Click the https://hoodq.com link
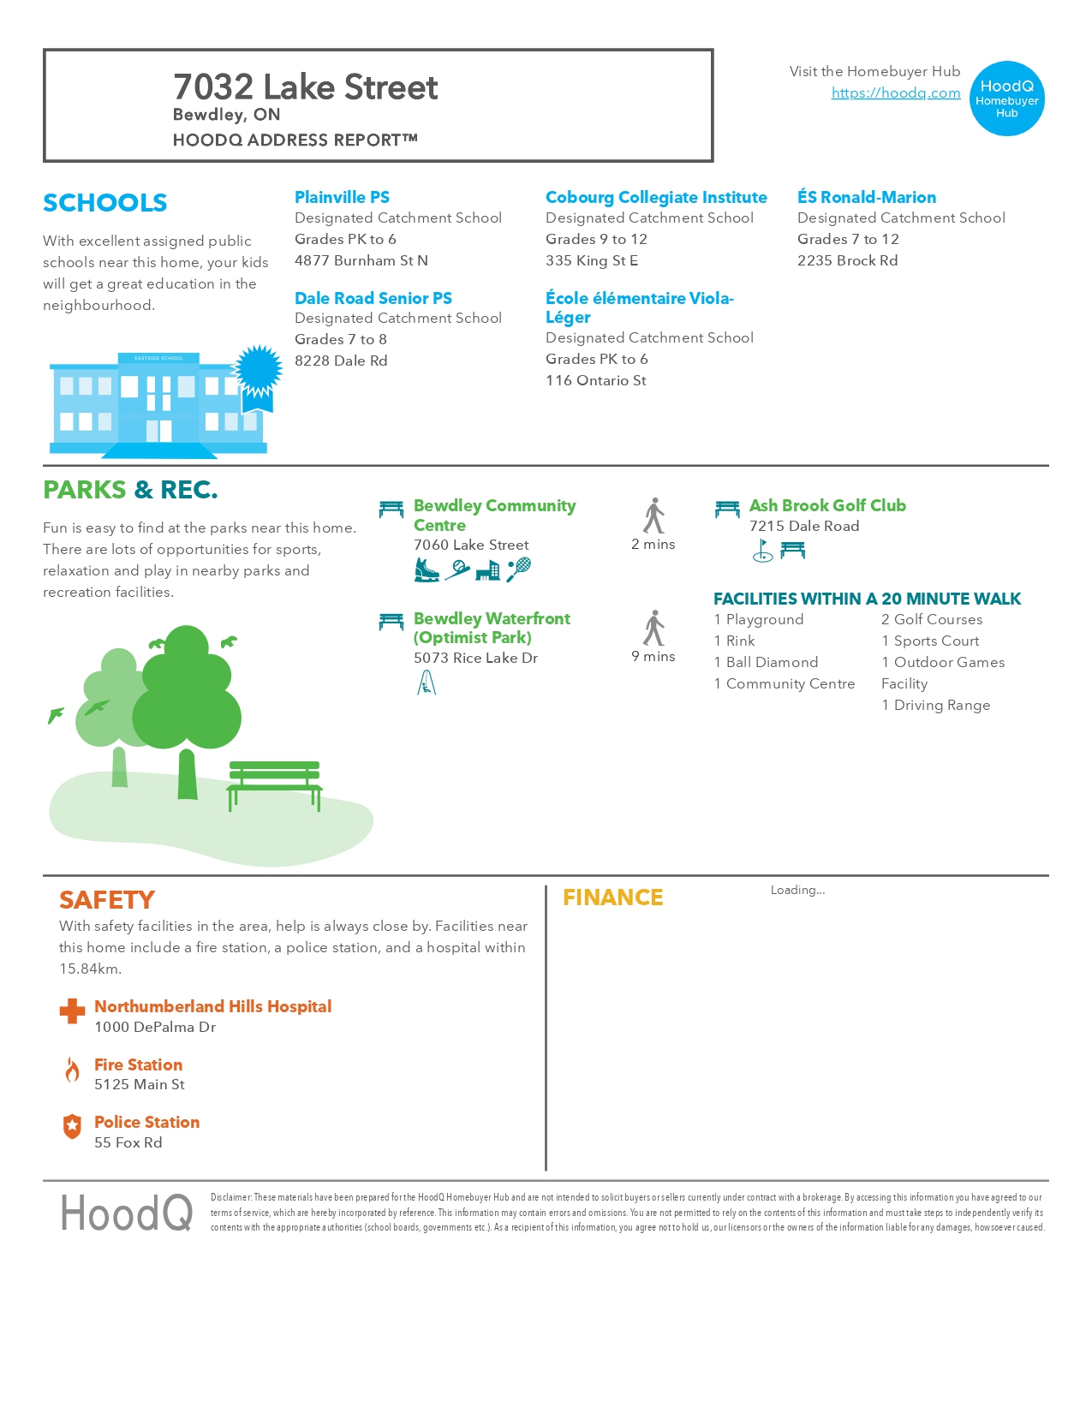pyautogui.click(x=895, y=92)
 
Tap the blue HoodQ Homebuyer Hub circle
pyautogui.click(x=1007, y=98)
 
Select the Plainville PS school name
pyautogui.click(x=342, y=197)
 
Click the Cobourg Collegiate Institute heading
pyautogui.click(x=656, y=197)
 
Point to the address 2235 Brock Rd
pyautogui.click(x=847, y=260)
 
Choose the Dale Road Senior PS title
pyautogui.click(x=373, y=298)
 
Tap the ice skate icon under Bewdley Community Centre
pyautogui.click(x=426, y=569)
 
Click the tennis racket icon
pyautogui.click(x=519, y=569)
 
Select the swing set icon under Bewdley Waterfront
pyautogui.click(x=427, y=683)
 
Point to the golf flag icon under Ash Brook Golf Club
pyautogui.click(x=762, y=551)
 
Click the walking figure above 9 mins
pyautogui.click(x=654, y=629)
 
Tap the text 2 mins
pyautogui.click(x=653, y=545)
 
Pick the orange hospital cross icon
pyautogui.click(x=72, y=1011)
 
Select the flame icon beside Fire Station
pyautogui.click(x=73, y=1070)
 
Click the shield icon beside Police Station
pyautogui.click(x=73, y=1127)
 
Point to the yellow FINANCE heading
pyautogui.click(x=612, y=897)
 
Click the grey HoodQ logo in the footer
pyautogui.click(x=127, y=1213)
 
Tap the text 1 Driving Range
pyautogui.click(x=935, y=706)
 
